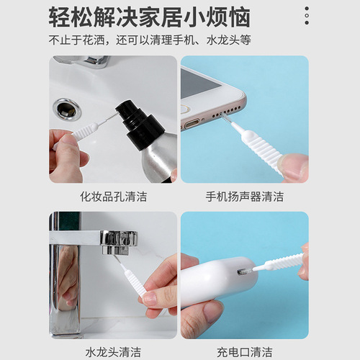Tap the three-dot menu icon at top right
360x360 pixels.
click(x=307, y=15)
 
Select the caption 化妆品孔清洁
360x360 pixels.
click(x=113, y=196)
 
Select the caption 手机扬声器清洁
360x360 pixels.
click(x=245, y=196)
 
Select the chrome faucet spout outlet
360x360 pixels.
click(x=116, y=242)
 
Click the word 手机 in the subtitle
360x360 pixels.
click(x=181, y=40)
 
